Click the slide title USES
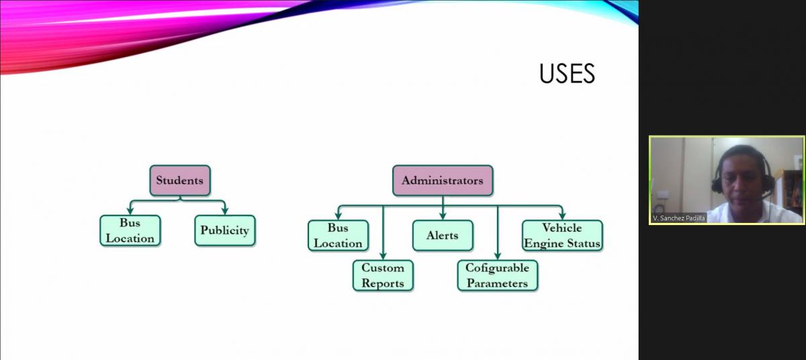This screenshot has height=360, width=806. [x=567, y=74]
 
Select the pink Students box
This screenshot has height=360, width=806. [x=180, y=181]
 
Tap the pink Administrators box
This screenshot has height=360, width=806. [x=443, y=181]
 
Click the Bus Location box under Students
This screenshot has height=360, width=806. [x=130, y=230]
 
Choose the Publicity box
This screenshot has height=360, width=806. [x=225, y=230]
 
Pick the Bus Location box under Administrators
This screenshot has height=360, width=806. [x=339, y=236]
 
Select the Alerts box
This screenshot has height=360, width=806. [x=443, y=236]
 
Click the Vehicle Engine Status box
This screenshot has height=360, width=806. [x=562, y=236]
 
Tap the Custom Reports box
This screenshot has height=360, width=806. [x=383, y=275]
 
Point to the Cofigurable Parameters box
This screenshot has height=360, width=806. [x=498, y=275]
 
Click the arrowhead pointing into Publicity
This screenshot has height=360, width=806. [x=225, y=211]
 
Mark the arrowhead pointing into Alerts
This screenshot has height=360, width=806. [x=443, y=216]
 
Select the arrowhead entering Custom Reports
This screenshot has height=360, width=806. [x=383, y=256]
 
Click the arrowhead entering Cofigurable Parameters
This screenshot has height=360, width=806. [x=498, y=256]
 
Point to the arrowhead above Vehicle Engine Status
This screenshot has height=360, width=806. [x=562, y=216]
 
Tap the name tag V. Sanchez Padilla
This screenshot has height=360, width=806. [x=678, y=218]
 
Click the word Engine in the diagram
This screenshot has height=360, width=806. [x=543, y=244]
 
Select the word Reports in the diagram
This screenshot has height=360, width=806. [x=383, y=283]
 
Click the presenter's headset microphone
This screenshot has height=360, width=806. [x=766, y=195]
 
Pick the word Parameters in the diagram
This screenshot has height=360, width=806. [x=498, y=283]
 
